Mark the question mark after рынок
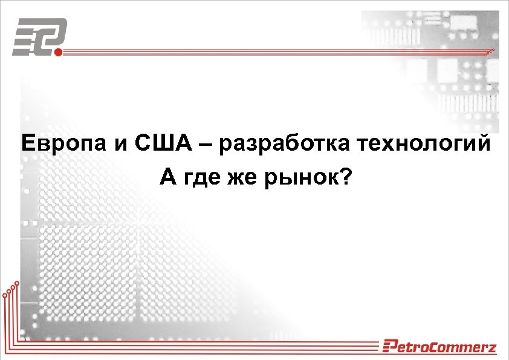tap(343, 177)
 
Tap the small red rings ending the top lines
tap(491, 50)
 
